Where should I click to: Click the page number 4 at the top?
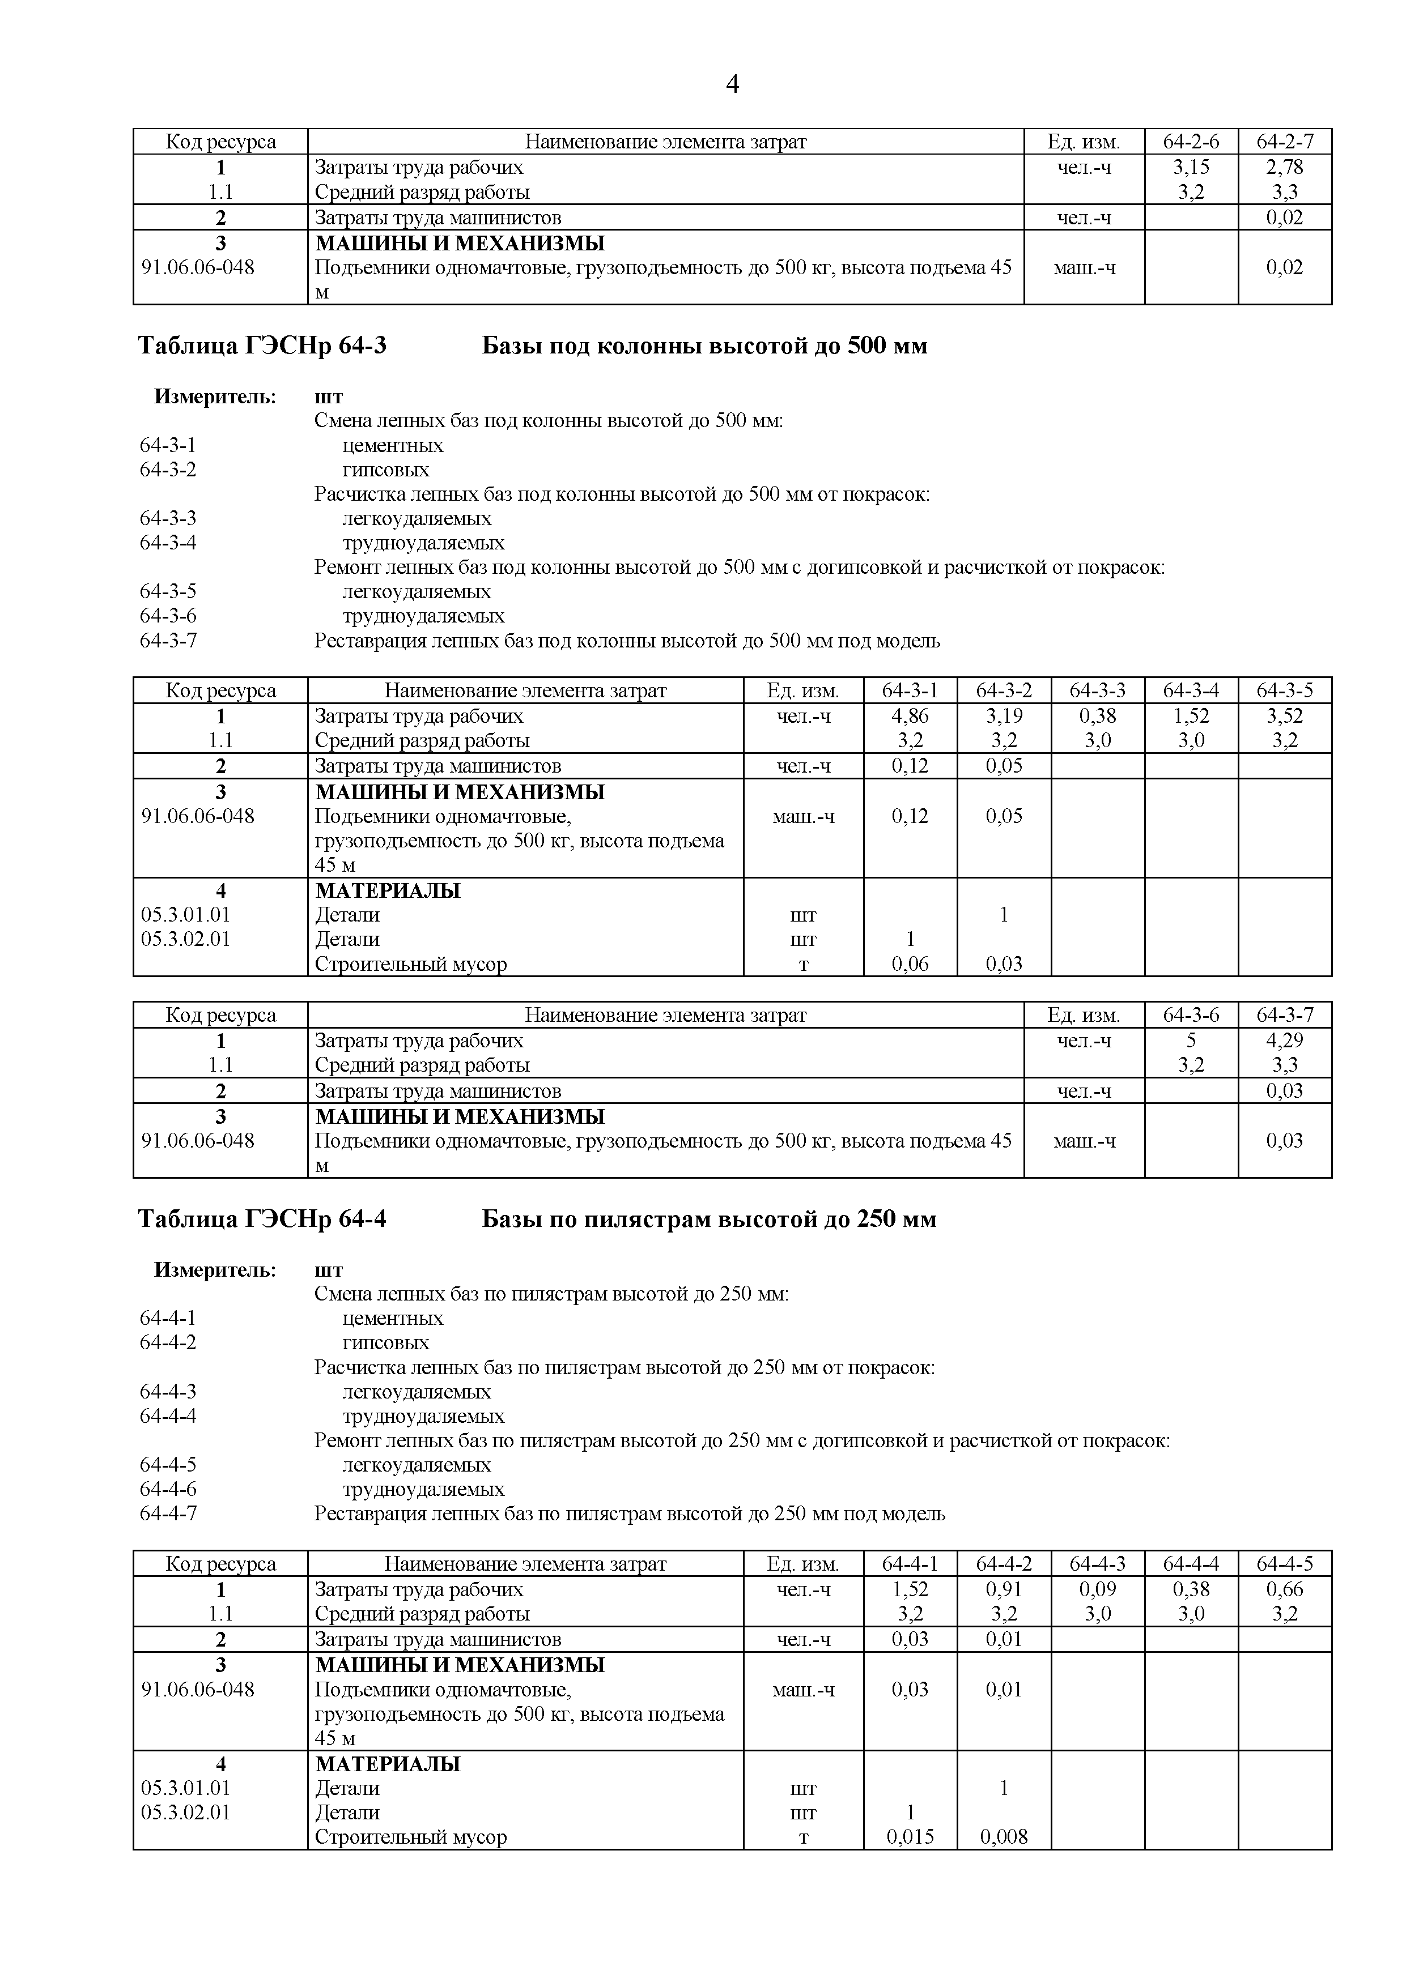[x=732, y=85]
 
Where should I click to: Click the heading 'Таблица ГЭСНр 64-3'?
[x=262, y=346]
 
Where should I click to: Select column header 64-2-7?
[x=1284, y=141]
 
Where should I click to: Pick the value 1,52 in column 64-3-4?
[x=1191, y=716]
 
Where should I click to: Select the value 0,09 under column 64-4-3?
[x=1097, y=1589]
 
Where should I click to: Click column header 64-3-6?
[x=1191, y=1014]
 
